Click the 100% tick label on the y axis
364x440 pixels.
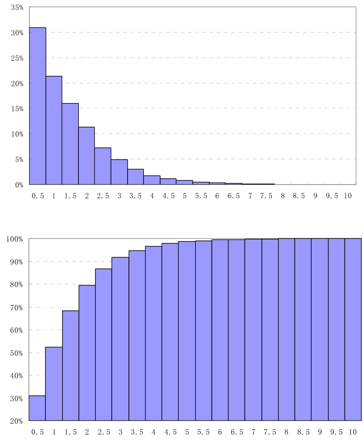[15, 239]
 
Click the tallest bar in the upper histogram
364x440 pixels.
[38, 106]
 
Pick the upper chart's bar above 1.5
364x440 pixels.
[70, 144]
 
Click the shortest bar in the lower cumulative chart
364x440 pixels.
[37, 408]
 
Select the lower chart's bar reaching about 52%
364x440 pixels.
[54, 384]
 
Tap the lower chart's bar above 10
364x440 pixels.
[353, 330]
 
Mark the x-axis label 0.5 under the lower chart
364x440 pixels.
[38, 432]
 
